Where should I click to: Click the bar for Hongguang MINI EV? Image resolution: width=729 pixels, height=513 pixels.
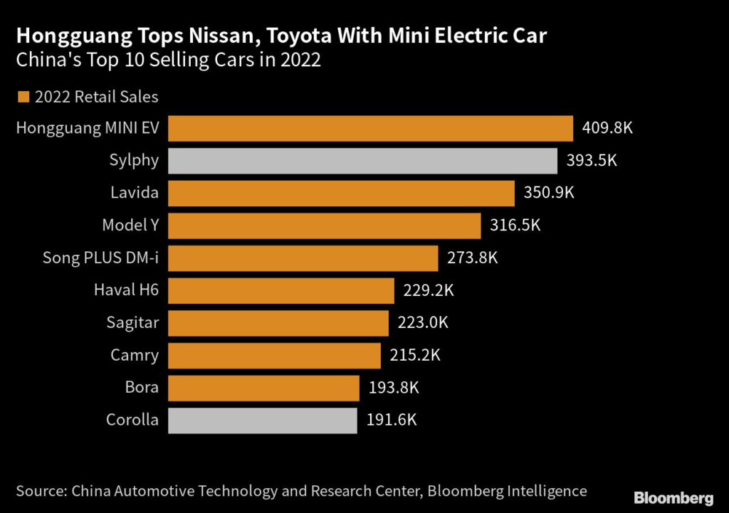pos(370,129)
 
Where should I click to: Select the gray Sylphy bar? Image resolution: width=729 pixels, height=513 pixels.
pos(362,161)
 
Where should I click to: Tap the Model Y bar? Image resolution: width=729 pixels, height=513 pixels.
pos(324,226)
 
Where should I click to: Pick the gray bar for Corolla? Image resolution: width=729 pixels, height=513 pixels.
pos(262,420)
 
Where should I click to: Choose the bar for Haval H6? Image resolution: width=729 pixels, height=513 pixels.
pos(280,290)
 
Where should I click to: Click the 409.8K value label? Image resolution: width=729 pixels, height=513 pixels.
pos(607,129)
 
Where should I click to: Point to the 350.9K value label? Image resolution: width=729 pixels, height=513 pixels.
pos(549,194)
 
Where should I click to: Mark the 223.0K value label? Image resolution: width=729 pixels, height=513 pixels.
pos(423,322)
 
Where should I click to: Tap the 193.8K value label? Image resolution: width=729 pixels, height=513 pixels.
pos(393,388)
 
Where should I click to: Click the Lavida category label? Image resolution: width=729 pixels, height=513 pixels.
pos(135,194)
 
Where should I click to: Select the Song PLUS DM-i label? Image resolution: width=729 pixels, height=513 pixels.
pos(100,258)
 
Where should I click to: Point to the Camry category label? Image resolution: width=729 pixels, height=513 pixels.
pos(135,355)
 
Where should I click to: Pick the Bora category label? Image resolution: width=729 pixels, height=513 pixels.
pos(142,388)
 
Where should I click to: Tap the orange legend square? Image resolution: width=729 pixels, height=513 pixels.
pos(23,97)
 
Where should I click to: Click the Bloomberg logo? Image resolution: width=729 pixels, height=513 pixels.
pos(673,497)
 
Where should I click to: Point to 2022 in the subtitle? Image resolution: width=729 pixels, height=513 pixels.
pos(300,60)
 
